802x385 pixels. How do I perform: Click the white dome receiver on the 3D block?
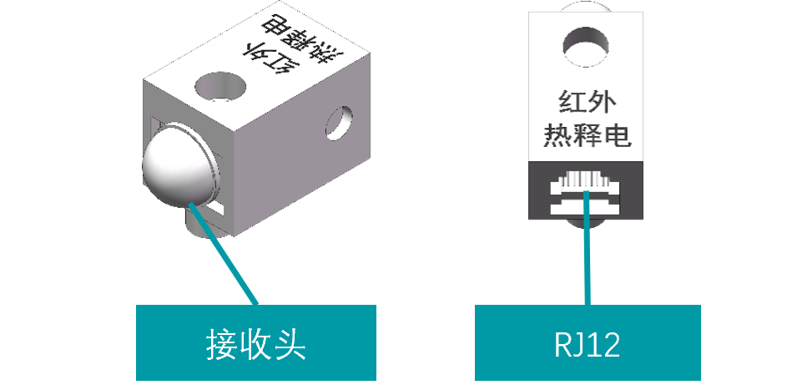pyautogui.click(x=177, y=167)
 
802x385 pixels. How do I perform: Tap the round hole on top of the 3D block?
pyautogui.click(x=221, y=86)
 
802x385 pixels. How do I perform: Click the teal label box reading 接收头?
pyautogui.click(x=256, y=343)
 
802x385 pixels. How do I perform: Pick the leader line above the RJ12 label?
pyautogui.click(x=588, y=251)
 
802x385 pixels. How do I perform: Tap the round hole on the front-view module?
pyautogui.click(x=588, y=43)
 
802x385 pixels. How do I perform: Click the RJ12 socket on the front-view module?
pyautogui.click(x=588, y=193)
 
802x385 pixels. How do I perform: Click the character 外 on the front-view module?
pyautogui.click(x=607, y=103)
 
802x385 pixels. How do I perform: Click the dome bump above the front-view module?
pyautogui.click(x=588, y=7)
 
